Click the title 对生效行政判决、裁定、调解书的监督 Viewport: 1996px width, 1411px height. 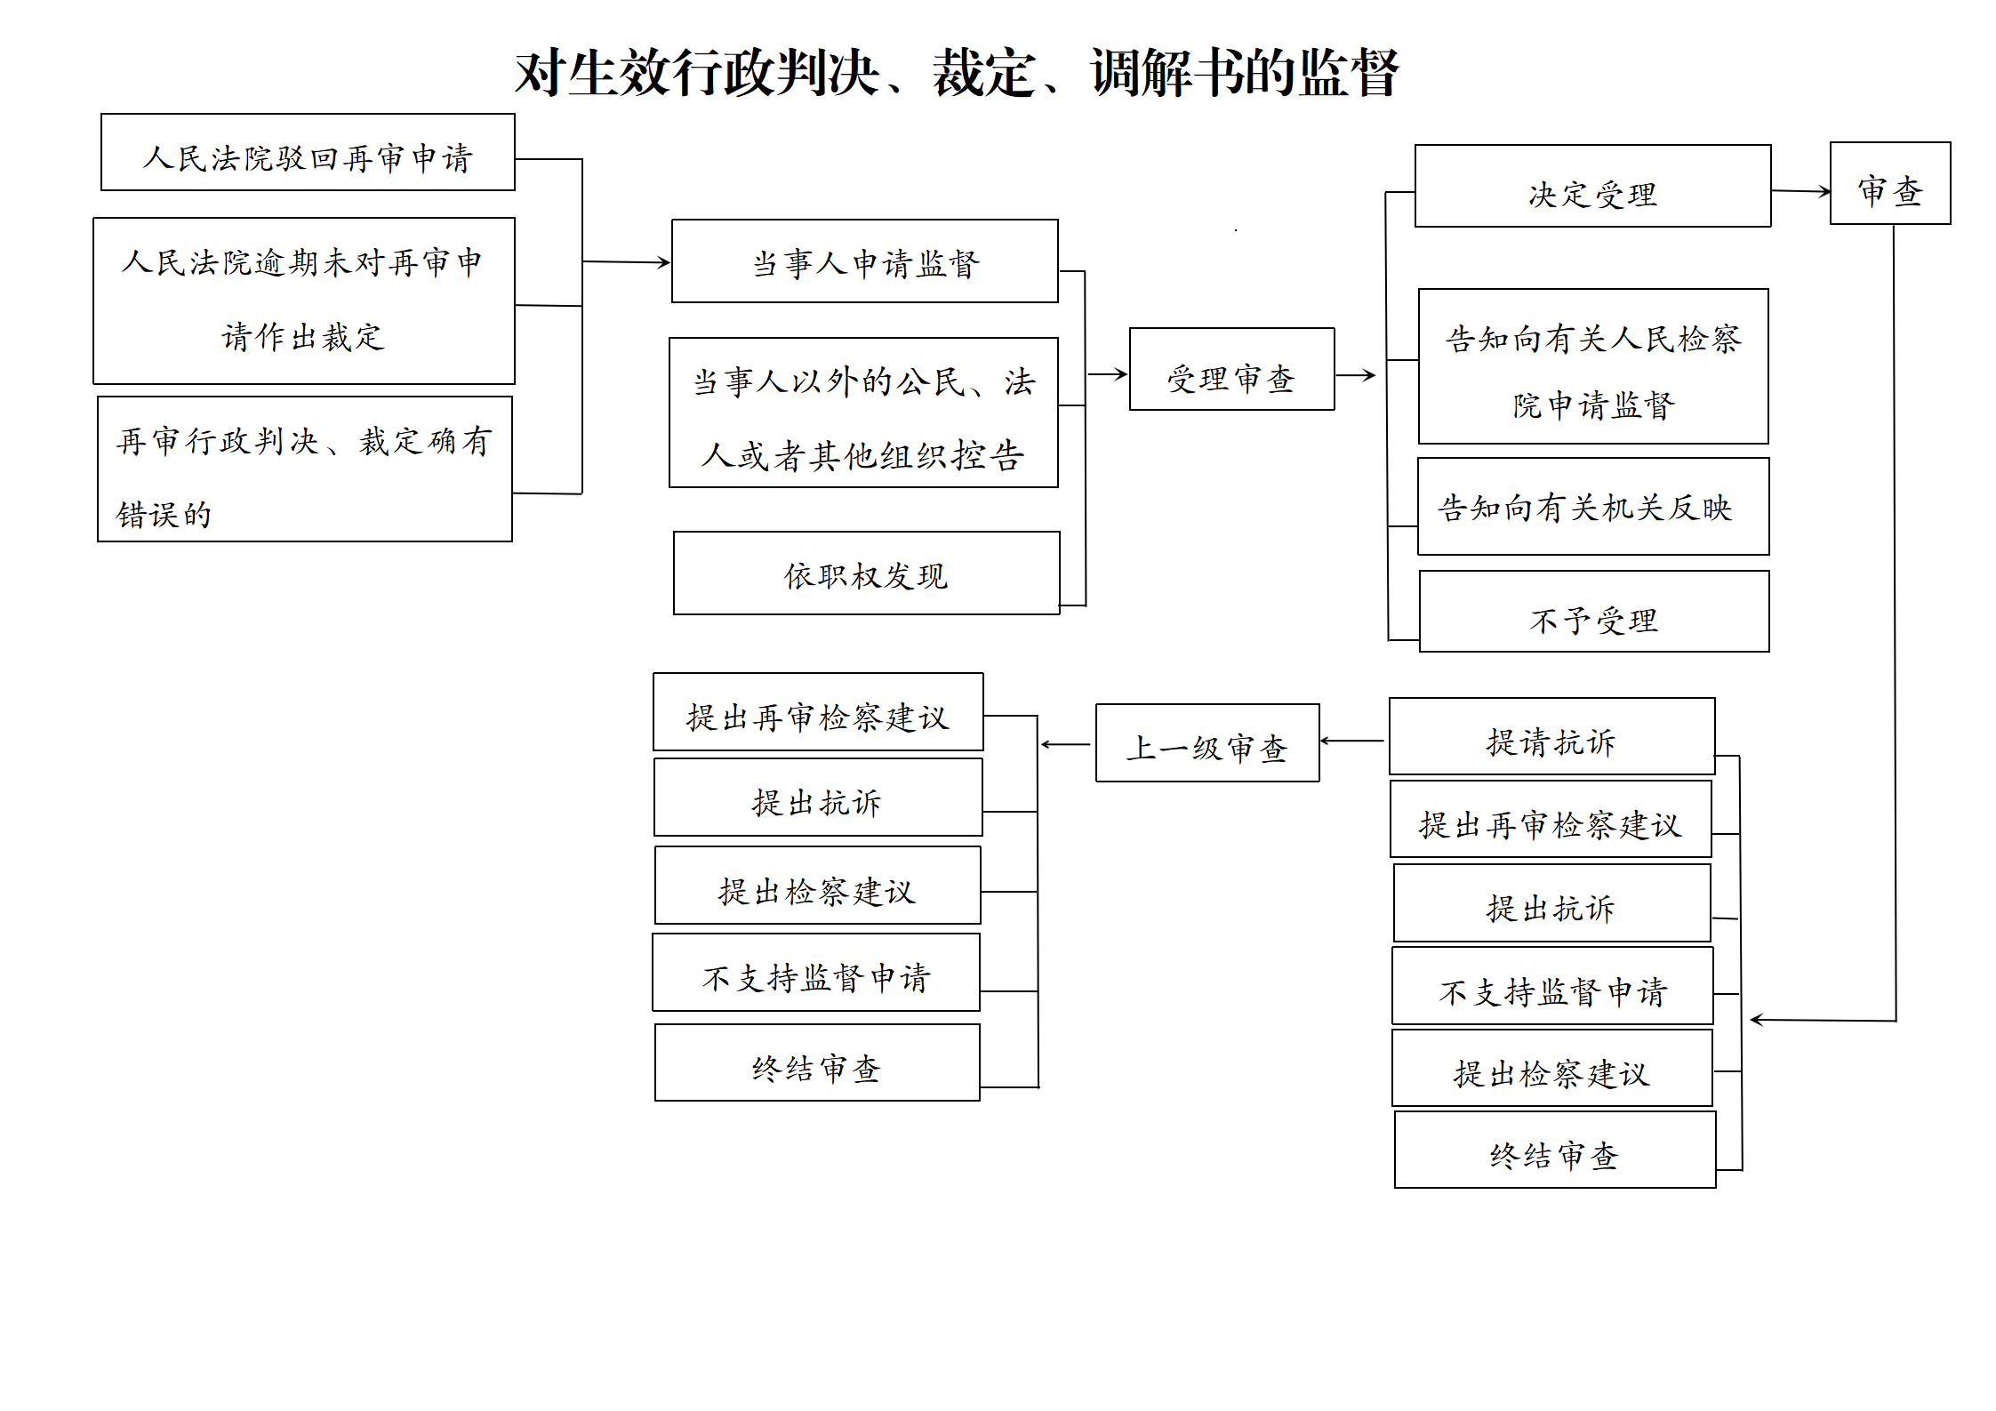pos(957,73)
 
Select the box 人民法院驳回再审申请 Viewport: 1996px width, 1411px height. pos(308,152)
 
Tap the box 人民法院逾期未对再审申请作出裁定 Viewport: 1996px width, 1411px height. pos(304,301)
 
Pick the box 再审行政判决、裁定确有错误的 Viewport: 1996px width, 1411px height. pos(305,469)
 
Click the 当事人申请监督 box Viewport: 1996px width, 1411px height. pos(864,261)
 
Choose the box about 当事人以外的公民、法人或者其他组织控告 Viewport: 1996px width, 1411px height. pos(863,413)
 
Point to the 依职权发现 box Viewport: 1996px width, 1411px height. pos(866,573)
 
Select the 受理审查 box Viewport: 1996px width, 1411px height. pos(1231,369)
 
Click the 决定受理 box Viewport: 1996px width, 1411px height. pos(1592,186)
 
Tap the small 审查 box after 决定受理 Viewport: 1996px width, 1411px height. pos(1890,183)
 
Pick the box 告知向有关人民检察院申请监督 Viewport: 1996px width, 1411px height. pos(1593,366)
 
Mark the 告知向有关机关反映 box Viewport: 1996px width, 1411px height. pos(1593,507)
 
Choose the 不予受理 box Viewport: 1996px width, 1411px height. pos(1594,612)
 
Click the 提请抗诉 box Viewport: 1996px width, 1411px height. pos(1551,736)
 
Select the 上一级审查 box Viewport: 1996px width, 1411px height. pos(1207,743)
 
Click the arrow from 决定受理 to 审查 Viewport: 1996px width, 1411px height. pos(1800,191)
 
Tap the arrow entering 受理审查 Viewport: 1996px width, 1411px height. pos(1107,374)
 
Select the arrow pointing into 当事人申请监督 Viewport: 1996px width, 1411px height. pos(626,262)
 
